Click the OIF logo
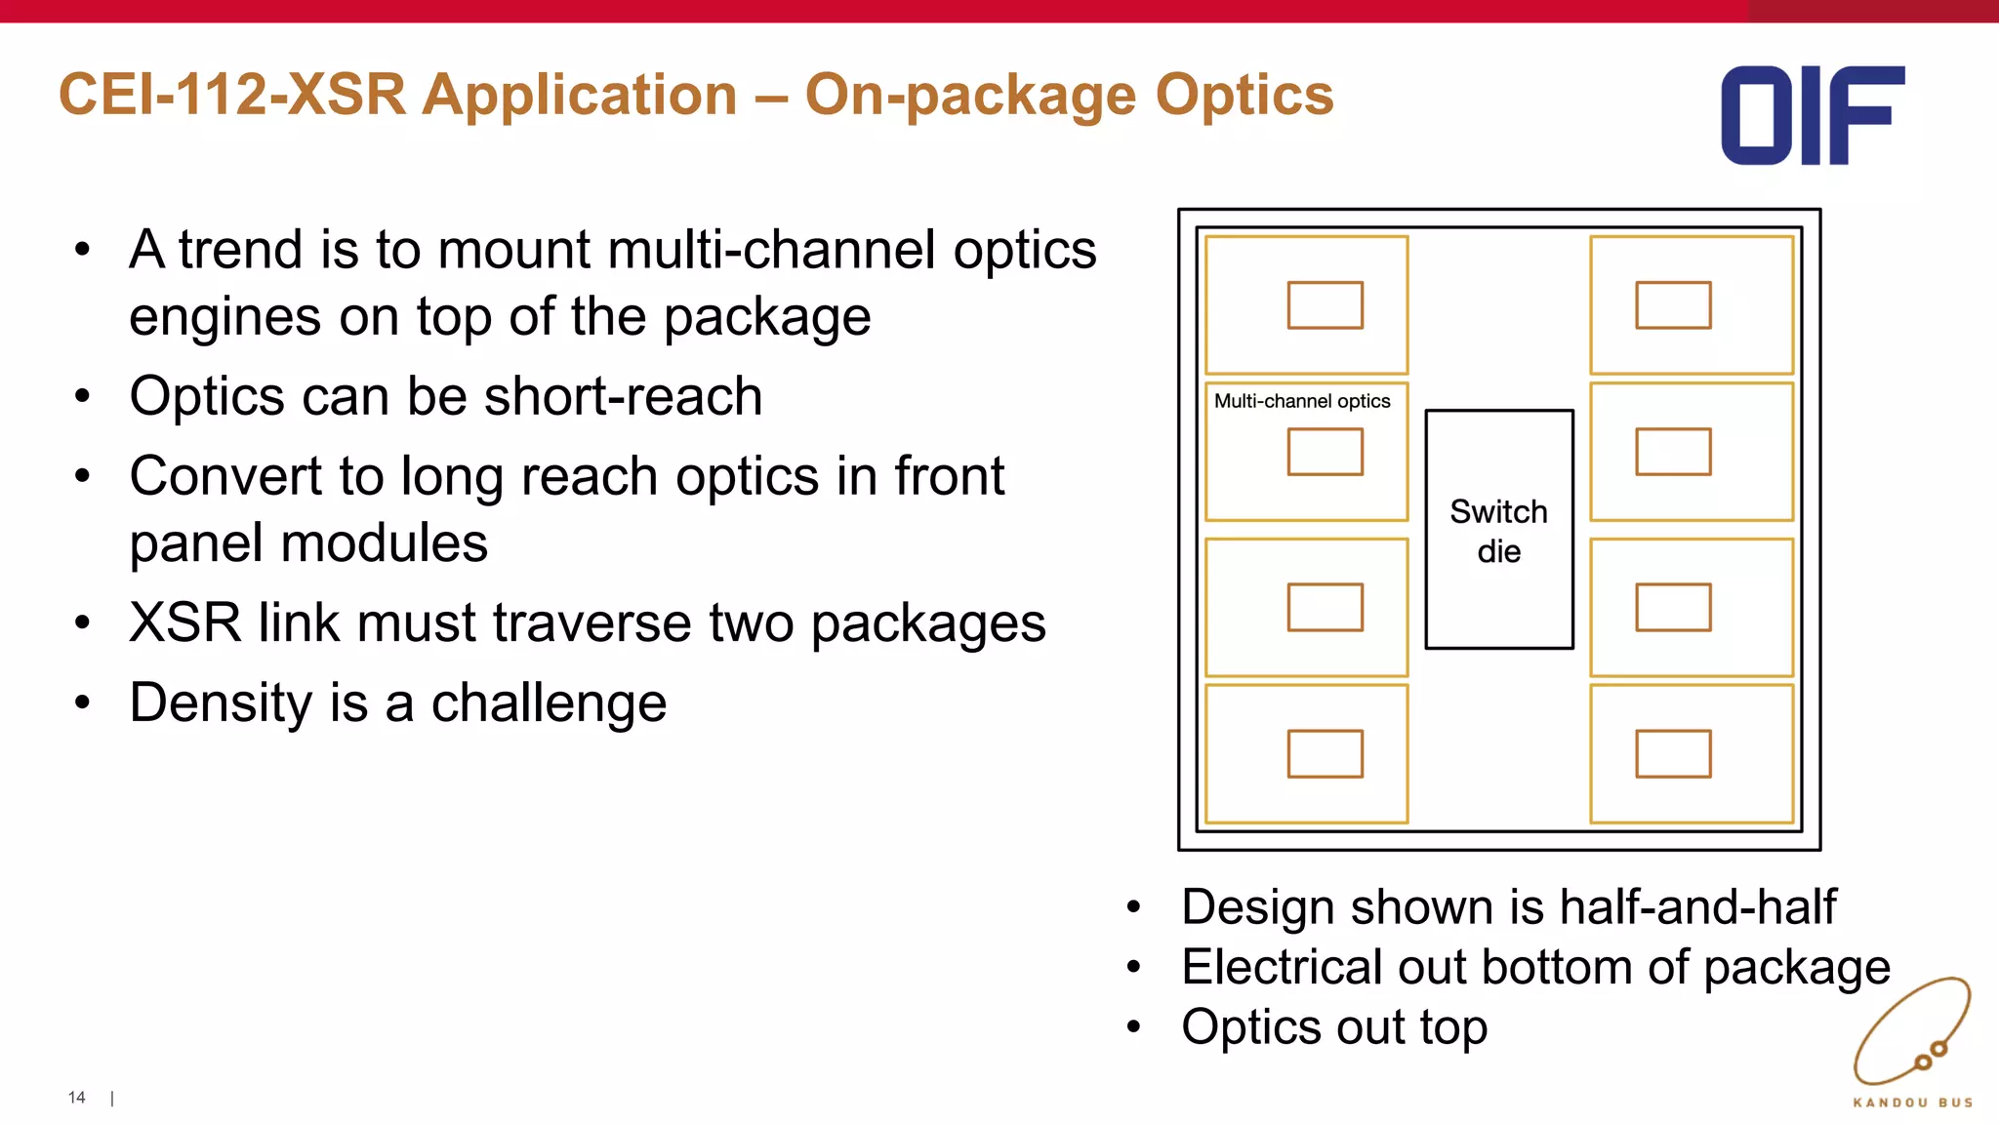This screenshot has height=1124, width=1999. tap(1812, 115)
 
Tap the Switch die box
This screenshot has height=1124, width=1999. tap(1498, 530)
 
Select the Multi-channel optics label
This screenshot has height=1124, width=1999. tap(1301, 401)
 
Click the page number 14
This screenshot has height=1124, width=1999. tap(76, 1098)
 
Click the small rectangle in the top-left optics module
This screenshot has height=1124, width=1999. tap(1325, 305)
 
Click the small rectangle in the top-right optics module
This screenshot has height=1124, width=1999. tap(1673, 305)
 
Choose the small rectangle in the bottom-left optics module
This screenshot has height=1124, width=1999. tap(1325, 753)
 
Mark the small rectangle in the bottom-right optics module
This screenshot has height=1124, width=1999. tap(1673, 753)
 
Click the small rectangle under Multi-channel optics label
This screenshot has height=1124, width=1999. tap(1325, 452)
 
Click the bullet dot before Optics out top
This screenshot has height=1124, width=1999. tap(1133, 1027)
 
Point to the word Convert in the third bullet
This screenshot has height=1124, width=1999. tap(225, 476)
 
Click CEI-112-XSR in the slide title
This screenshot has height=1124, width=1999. tap(231, 96)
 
